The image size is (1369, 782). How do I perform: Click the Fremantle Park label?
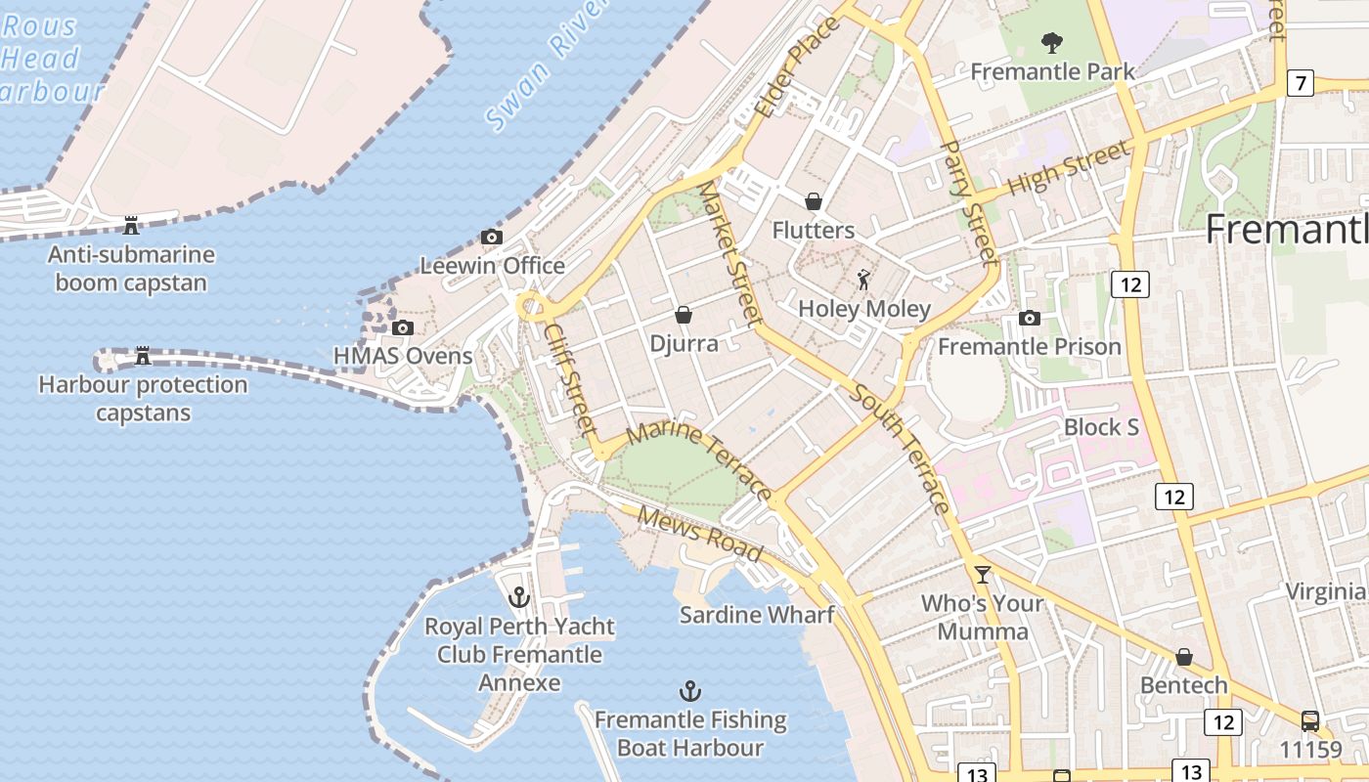coord(1053,71)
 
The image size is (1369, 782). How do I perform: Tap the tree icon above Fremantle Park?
coord(1052,42)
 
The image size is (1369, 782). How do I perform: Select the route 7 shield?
coord(1300,83)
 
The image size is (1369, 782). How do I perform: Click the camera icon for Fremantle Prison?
coord(1029,318)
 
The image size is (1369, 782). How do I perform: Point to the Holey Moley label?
coord(864,309)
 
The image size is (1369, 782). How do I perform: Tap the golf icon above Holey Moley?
coord(863,281)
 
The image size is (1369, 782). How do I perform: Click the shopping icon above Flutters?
coord(813,201)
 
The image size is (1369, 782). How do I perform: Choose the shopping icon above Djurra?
coord(684,315)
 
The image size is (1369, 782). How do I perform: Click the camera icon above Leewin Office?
coord(492,237)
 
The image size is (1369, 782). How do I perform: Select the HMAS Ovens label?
coord(404,356)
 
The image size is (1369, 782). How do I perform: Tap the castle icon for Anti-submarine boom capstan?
coord(131,226)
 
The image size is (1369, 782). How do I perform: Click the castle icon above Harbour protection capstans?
coord(143,355)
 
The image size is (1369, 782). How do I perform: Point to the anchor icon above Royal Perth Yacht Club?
coord(519,596)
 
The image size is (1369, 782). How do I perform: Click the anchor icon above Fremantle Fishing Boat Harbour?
coord(690,691)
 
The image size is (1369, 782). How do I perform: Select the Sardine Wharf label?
coord(758,615)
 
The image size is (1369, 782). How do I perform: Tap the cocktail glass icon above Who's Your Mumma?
coord(983,574)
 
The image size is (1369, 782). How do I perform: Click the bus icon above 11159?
coord(1310,721)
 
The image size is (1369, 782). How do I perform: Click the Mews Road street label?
coord(700,535)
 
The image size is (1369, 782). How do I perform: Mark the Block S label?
coord(1101,427)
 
